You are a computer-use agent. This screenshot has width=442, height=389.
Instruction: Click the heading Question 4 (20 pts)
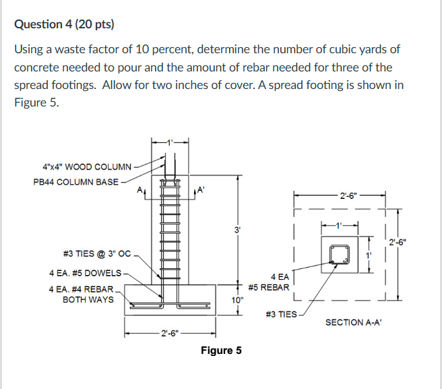click(64, 25)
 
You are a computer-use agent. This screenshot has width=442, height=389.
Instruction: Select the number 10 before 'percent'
click(149, 50)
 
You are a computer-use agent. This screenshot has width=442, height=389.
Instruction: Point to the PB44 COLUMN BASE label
click(75, 181)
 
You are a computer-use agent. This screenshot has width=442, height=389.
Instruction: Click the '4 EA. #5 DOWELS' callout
click(86, 273)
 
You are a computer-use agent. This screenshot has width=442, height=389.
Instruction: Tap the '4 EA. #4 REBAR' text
click(82, 289)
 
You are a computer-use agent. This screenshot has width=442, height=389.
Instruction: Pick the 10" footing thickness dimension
click(236, 300)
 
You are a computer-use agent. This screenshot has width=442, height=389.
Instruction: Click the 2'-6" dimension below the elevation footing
click(169, 332)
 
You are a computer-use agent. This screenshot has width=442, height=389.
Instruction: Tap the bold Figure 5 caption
click(221, 351)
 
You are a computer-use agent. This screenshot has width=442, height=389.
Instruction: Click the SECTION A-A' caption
click(354, 323)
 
